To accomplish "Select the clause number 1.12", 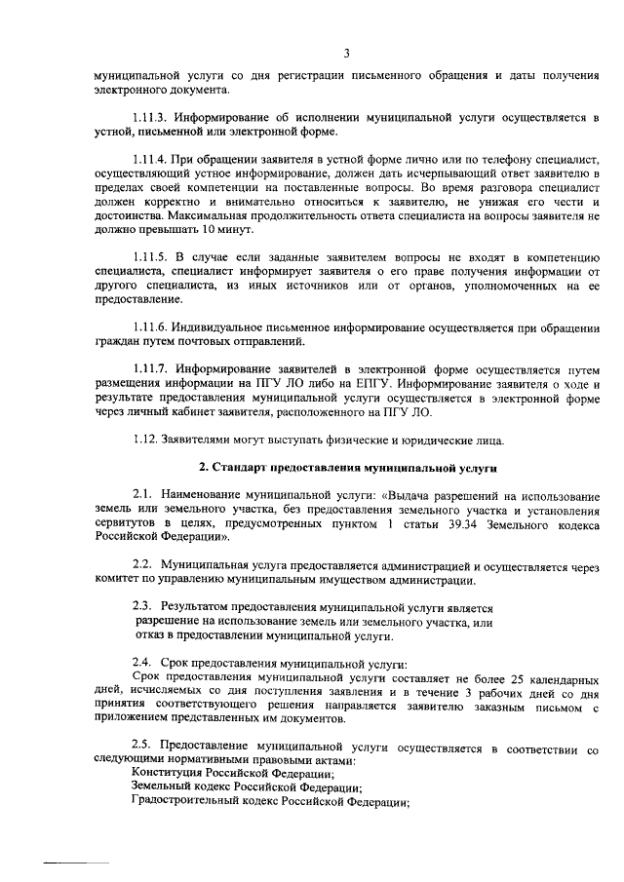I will (x=144, y=438).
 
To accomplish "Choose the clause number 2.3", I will (x=142, y=605).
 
